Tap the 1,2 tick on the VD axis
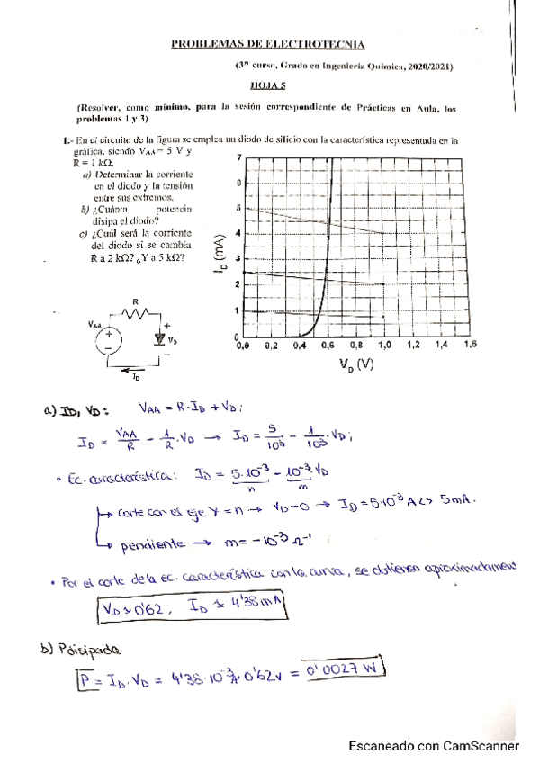tap(414, 345)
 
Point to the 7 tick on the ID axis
tap(238, 157)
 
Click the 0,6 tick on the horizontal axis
tap(328, 345)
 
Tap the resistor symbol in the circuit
tap(136, 314)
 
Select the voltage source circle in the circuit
tap(110, 340)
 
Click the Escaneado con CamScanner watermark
tap(434, 745)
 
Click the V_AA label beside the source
tap(94, 324)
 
